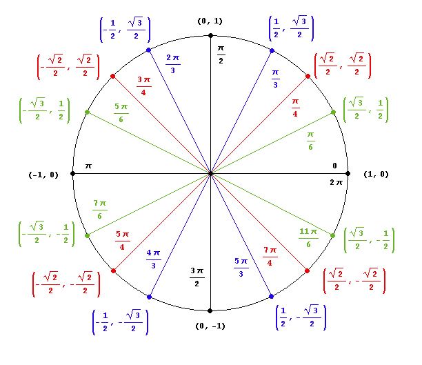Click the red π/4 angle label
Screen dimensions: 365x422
(295, 107)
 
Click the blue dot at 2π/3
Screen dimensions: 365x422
(149, 51)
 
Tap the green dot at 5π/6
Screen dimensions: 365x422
(87, 112)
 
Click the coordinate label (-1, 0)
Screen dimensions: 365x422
(43, 174)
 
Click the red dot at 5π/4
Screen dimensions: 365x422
(113, 270)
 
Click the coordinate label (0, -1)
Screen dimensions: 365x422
(210, 326)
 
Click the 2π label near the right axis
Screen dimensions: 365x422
(336, 182)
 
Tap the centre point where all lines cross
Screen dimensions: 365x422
(210, 174)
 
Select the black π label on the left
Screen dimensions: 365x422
(88, 166)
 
